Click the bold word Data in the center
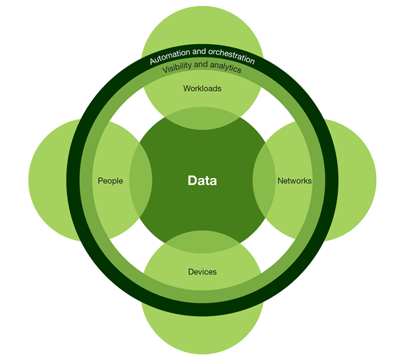pyautogui.click(x=202, y=180)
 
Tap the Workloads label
pyautogui.click(x=202, y=88)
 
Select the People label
pyautogui.click(x=110, y=180)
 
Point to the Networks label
pyautogui.click(x=294, y=180)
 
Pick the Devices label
pyautogui.click(x=202, y=271)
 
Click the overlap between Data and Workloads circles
pyautogui.click(x=202, y=120)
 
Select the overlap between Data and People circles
pyautogui.click(x=141, y=180)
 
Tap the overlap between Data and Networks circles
pyautogui.click(x=263, y=180)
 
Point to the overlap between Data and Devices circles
pyautogui.click(x=202, y=241)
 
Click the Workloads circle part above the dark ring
pyautogui.click(x=202, y=30)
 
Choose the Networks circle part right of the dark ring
pyautogui.click(x=352, y=180)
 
